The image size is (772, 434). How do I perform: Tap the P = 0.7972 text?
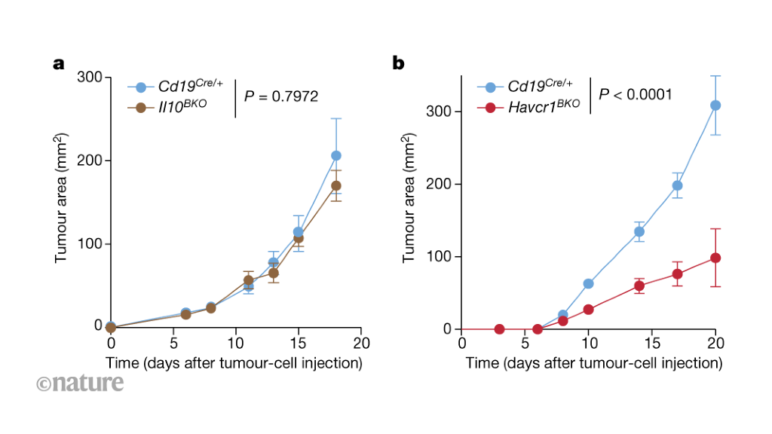[x=281, y=96]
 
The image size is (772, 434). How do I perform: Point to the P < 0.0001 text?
[x=636, y=94]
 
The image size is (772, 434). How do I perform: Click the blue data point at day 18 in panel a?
[x=336, y=155]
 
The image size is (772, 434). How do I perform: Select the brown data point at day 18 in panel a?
[x=336, y=185]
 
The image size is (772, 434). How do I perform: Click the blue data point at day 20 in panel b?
[x=715, y=105]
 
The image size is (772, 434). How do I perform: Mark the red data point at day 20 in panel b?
[x=715, y=258]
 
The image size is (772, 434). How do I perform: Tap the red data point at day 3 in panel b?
[x=499, y=329]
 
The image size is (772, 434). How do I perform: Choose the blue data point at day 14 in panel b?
[x=639, y=231]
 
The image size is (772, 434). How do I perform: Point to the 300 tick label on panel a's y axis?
[x=90, y=78]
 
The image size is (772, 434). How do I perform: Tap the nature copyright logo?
[x=79, y=383]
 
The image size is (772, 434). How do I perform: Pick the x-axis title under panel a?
[x=234, y=363]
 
